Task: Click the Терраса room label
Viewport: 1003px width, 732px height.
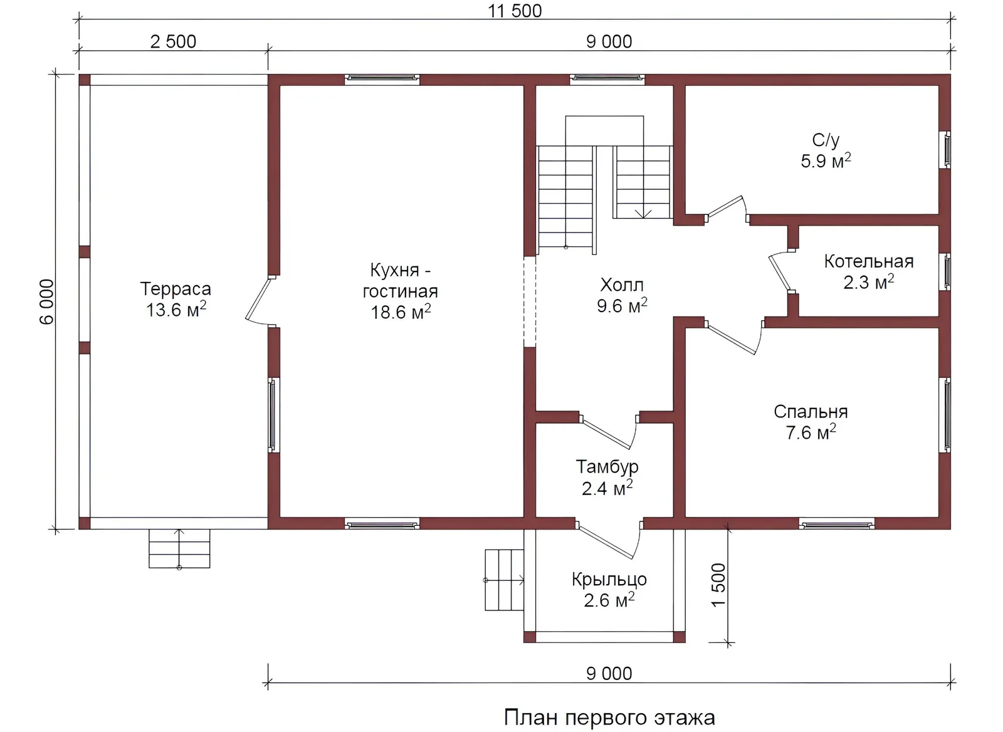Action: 176,299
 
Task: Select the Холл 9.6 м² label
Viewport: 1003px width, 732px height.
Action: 622,295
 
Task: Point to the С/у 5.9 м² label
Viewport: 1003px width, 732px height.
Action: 826,150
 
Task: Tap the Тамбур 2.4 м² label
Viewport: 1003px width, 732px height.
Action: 607,478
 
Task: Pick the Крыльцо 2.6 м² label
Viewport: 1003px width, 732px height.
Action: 609,590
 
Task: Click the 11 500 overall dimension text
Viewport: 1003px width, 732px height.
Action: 515,11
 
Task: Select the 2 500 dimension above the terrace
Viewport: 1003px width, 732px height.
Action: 173,41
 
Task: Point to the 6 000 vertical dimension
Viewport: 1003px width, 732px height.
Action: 46,301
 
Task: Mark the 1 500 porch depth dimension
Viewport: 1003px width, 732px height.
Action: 718,585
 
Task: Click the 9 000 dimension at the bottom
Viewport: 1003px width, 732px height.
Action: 609,674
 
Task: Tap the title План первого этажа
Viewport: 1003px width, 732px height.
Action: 609,718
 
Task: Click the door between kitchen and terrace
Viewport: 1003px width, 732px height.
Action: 260,300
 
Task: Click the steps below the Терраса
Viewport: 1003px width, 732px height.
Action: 179,549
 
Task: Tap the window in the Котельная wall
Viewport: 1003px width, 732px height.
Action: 947,272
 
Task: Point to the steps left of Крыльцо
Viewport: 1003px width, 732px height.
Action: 504,580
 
